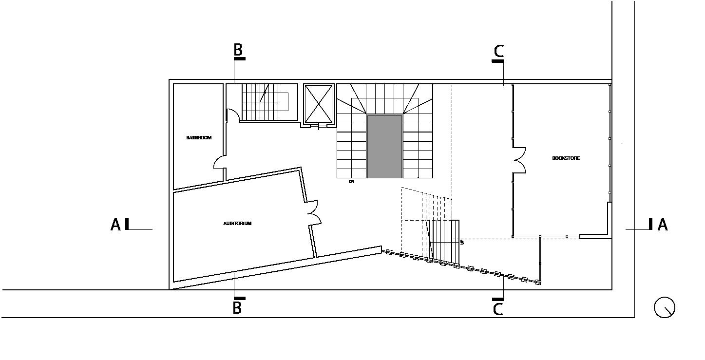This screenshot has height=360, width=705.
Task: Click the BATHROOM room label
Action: click(199, 138)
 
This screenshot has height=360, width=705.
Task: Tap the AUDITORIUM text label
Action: click(237, 224)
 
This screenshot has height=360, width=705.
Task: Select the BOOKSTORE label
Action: click(566, 158)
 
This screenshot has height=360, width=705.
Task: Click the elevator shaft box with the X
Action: click(319, 103)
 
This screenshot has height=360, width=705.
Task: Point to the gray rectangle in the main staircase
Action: click(384, 146)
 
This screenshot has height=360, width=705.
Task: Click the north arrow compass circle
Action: click(664, 307)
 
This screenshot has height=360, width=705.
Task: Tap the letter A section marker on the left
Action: click(115, 225)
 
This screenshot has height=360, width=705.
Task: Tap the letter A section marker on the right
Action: click(663, 225)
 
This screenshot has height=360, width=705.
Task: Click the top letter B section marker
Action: click(238, 49)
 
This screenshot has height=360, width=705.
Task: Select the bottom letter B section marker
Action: click(237, 308)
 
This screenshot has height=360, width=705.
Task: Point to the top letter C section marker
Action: click(498, 51)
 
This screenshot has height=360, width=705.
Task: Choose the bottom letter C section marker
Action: click(498, 309)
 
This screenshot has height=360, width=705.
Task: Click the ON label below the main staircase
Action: click(351, 182)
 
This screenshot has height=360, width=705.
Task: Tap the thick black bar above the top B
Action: click(239, 58)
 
